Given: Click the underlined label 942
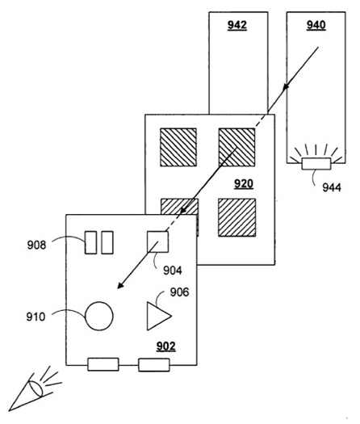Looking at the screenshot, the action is [x=237, y=25].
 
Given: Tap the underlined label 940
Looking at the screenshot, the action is [x=316, y=25].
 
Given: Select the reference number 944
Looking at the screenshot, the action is [x=332, y=187].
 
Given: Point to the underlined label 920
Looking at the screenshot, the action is [x=244, y=184].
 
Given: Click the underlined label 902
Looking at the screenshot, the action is [x=165, y=346].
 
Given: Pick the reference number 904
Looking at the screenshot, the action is [x=173, y=271].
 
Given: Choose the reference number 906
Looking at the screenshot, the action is [x=179, y=292].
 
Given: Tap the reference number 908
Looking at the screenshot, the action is [x=36, y=245].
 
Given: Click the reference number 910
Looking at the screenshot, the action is [x=36, y=317].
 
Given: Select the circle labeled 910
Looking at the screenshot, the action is [x=99, y=316].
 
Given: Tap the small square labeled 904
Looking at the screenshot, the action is [x=157, y=241].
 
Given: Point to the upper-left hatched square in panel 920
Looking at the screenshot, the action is [x=178, y=147].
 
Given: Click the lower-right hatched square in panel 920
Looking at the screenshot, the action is [x=237, y=217].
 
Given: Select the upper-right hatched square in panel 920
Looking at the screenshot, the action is [x=237, y=147].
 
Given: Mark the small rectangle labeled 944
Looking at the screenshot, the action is [x=316, y=164].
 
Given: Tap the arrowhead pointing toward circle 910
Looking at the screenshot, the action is [x=120, y=285].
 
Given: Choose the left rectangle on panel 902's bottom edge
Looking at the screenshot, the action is [x=103, y=364].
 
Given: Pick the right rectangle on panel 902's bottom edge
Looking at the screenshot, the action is [x=154, y=365].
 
